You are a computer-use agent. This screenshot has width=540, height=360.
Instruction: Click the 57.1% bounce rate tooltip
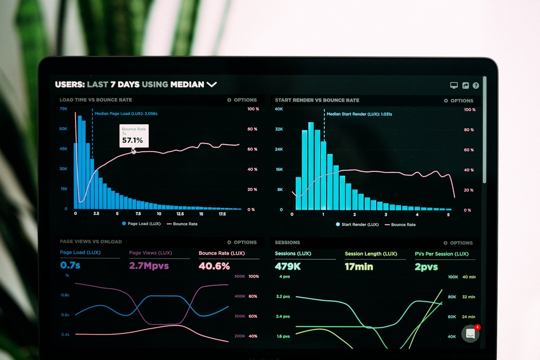point(134,136)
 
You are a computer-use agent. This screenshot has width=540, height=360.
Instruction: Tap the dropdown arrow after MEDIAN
point(212,84)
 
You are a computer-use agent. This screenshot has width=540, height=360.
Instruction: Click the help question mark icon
point(476,86)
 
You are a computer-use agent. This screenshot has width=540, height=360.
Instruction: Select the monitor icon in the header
point(454,86)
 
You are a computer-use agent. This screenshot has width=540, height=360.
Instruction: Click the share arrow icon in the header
point(465,86)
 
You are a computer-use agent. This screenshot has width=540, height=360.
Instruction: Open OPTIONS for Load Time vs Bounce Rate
point(242,100)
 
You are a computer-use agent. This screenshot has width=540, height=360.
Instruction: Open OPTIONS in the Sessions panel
point(458,243)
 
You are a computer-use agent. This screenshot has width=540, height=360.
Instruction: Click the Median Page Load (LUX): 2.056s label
point(126,114)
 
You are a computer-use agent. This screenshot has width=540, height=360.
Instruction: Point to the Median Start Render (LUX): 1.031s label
point(359,114)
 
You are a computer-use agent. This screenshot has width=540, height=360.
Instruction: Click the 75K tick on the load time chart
point(64,109)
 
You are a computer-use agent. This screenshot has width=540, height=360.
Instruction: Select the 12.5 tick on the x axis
point(180,214)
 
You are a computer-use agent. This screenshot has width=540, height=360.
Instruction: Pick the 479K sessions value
point(288,266)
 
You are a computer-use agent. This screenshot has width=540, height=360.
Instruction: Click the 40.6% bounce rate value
point(214,266)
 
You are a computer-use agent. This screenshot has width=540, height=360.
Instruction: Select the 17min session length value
point(359,267)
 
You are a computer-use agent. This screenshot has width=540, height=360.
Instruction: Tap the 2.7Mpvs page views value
point(149,266)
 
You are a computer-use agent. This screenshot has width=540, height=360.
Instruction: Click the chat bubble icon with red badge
point(471,333)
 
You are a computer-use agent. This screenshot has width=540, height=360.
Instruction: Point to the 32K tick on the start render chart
point(279,129)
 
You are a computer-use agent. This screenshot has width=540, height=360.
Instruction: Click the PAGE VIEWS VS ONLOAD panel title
point(91,242)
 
